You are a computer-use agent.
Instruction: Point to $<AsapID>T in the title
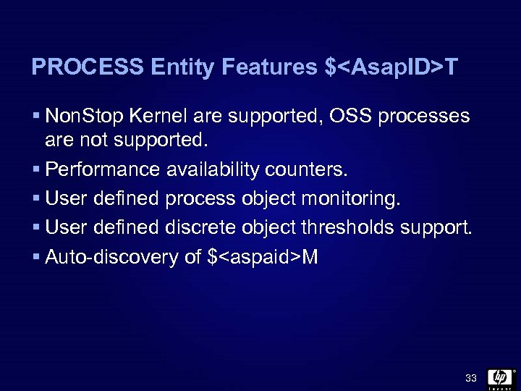coord(391,67)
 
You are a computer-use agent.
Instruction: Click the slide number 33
coord(471,378)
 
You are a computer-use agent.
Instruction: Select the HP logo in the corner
coord(500,377)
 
